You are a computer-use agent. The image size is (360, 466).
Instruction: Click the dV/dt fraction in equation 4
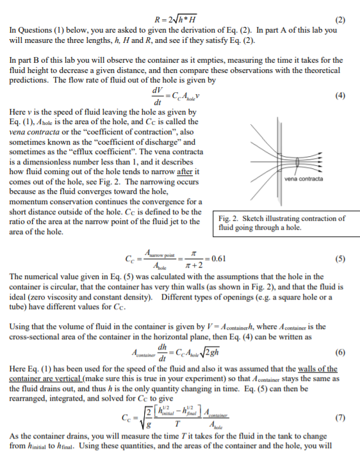pyautogui.click(x=154, y=97)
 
